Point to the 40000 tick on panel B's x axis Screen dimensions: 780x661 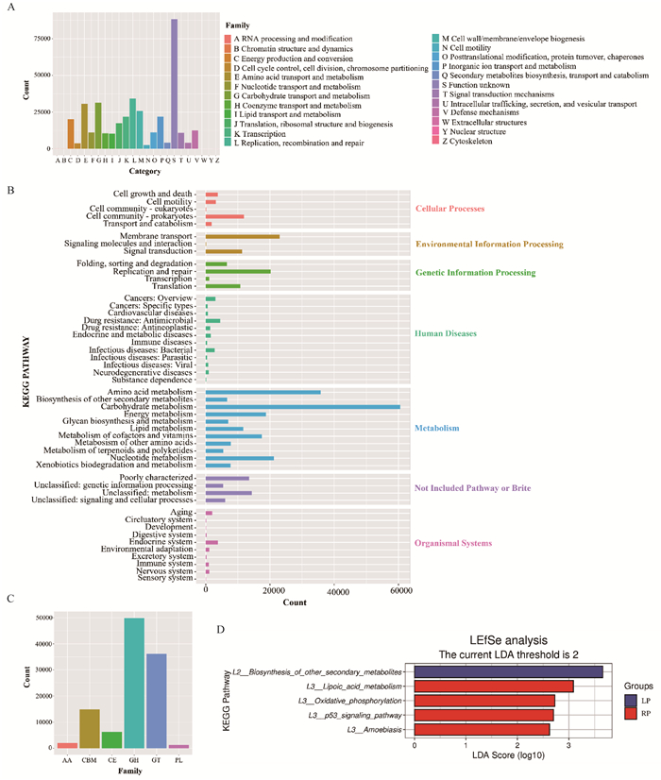pos(336,590)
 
